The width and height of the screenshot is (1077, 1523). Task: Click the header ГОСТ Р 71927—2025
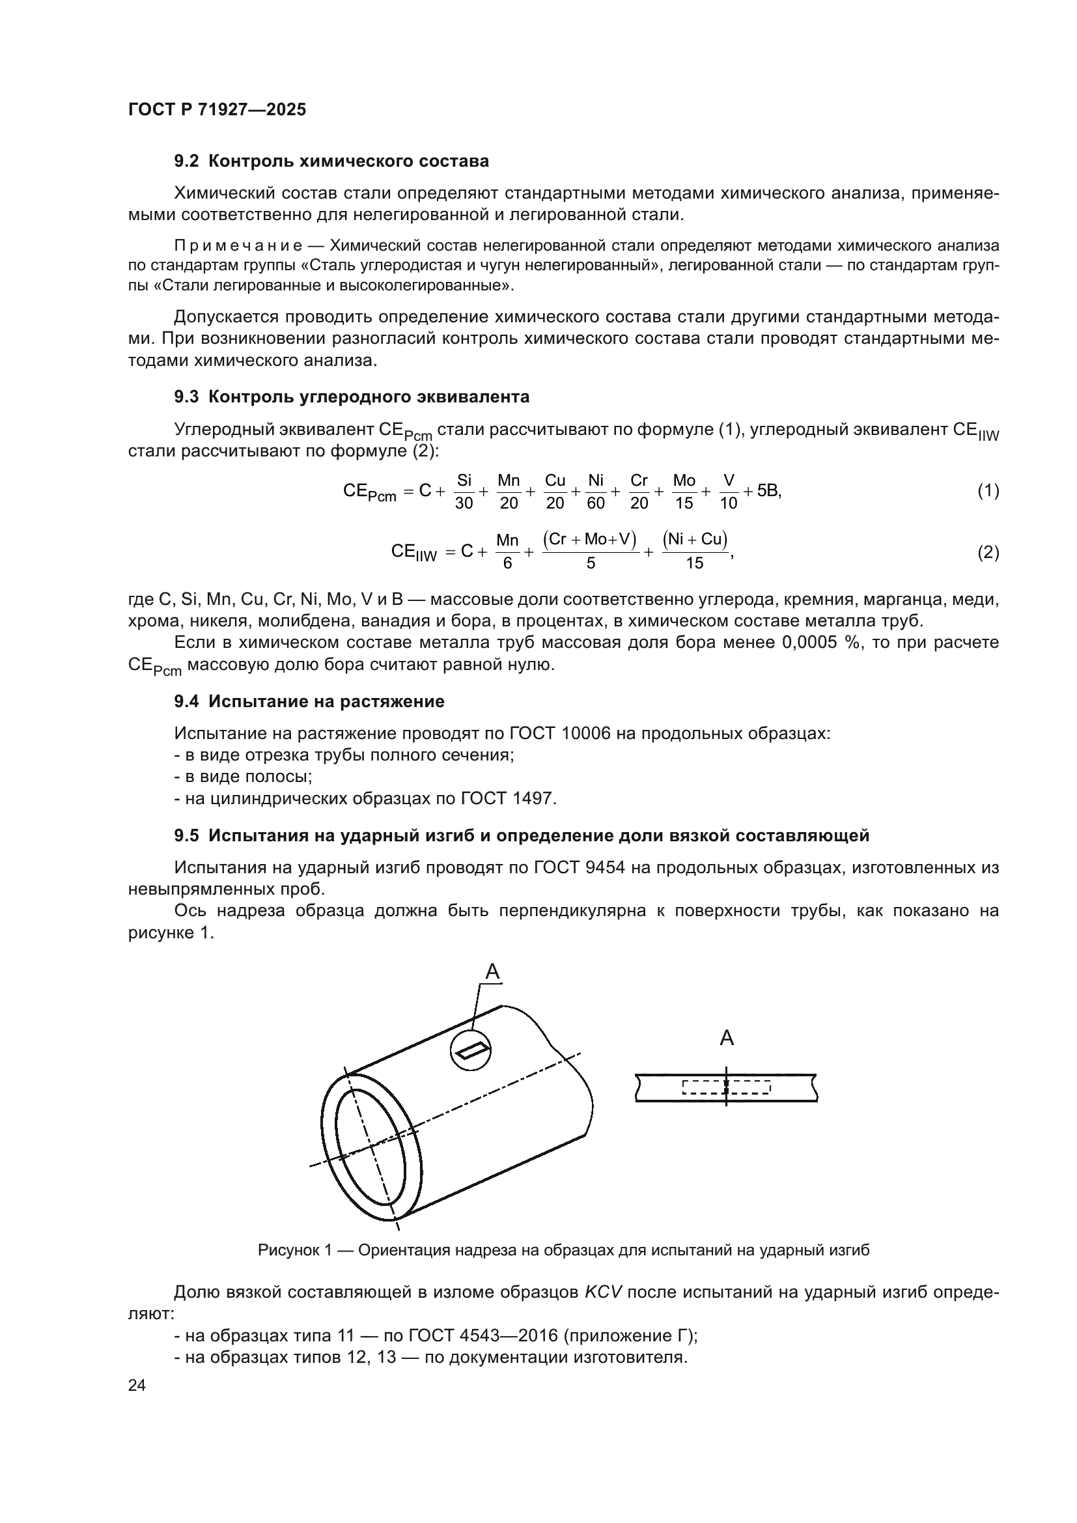pos(217,109)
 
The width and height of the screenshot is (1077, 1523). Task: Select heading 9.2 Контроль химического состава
pos(331,161)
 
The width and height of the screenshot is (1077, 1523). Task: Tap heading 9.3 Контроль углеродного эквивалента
pos(352,397)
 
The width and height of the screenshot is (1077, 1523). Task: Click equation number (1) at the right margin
pos(988,491)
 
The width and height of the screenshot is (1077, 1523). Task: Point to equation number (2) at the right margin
pos(988,553)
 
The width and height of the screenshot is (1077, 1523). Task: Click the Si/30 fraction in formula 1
pos(464,492)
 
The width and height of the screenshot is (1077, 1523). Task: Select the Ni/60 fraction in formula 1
pos(596,492)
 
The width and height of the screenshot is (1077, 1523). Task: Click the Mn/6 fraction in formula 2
pos(507,552)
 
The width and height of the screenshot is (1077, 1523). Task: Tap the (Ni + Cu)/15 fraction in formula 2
pos(694,552)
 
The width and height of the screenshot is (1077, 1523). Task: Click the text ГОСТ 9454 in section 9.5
pos(578,867)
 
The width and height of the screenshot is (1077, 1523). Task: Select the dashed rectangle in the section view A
pos(726,1087)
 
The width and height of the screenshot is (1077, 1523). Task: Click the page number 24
pos(137,1386)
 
